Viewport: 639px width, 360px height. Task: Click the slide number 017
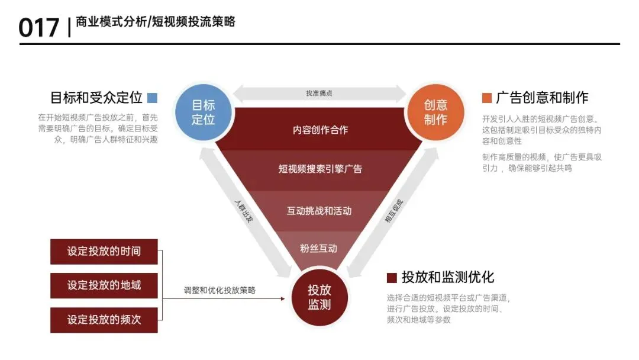(x=39, y=27)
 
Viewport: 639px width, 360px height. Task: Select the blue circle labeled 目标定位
(x=203, y=112)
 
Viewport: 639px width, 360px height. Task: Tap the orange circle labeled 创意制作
(x=435, y=112)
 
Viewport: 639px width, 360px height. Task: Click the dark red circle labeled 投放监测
(x=319, y=297)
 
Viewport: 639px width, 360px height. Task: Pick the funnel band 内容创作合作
(x=320, y=130)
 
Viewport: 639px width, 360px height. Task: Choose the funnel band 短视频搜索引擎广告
(x=320, y=169)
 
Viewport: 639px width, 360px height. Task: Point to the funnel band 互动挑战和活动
(x=319, y=211)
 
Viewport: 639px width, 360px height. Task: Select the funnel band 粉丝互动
(x=319, y=248)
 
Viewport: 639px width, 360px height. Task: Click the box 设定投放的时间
(x=104, y=251)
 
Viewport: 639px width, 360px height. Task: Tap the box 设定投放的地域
(x=104, y=285)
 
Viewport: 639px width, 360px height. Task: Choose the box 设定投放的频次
(x=104, y=319)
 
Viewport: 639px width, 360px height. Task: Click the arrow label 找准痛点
(x=319, y=94)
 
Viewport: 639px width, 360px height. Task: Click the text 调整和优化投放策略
(x=220, y=290)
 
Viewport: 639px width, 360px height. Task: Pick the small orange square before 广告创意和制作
(x=487, y=98)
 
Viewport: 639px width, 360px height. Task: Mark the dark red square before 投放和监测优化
(x=392, y=277)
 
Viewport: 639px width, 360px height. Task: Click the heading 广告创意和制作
(x=543, y=98)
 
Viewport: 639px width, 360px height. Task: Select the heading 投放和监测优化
(x=448, y=277)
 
